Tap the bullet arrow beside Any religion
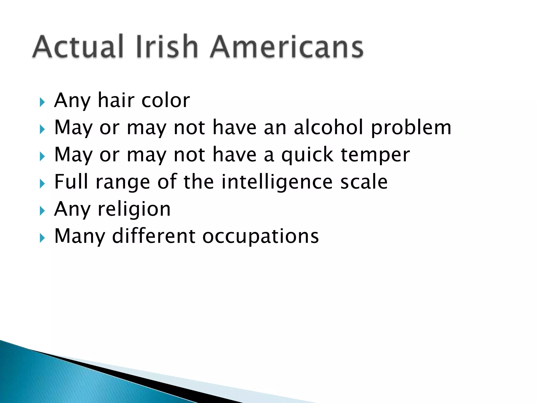click(42, 211)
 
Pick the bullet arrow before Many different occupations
click(42, 238)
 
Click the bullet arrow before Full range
click(42, 184)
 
